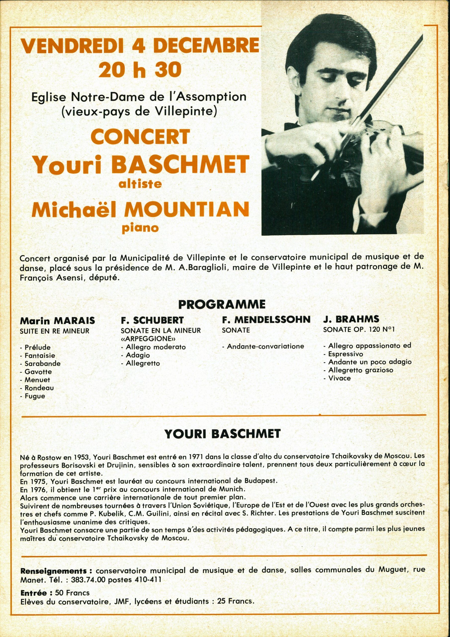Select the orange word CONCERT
click(x=140, y=137)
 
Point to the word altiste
click(x=140, y=184)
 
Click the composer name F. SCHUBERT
click(x=152, y=320)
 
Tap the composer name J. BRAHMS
click(x=351, y=319)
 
